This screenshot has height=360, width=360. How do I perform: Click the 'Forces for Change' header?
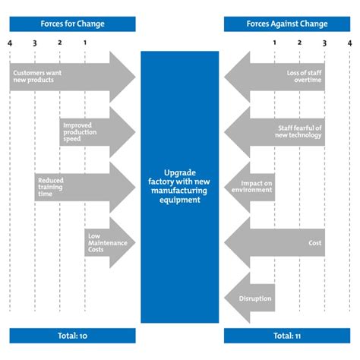[x=73, y=24]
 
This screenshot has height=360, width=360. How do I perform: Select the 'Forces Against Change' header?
[x=287, y=24]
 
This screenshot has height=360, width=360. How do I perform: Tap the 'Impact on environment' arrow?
[x=251, y=187]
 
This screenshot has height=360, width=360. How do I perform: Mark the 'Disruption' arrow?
[x=250, y=298]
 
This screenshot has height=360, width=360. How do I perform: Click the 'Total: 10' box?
[x=73, y=335]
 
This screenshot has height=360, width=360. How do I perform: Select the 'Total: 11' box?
[x=287, y=335]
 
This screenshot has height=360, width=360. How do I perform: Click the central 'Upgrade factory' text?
[x=180, y=186]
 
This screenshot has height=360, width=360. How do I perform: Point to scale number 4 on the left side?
[x=10, y=43]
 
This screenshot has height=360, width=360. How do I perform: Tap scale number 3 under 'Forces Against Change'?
[x=324, y=43]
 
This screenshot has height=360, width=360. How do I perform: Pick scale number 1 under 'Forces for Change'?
[x=84, y=43]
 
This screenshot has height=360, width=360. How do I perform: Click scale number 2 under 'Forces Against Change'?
[x=299, y=43]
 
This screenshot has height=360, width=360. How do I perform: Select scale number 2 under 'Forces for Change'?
[x=59, y=43]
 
